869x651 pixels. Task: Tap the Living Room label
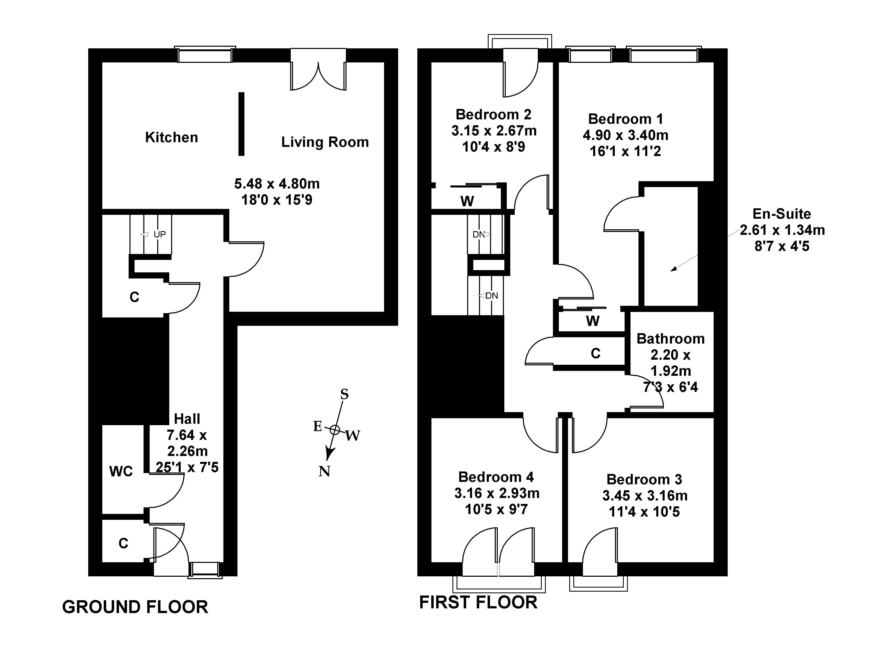pyautogui.click(x=325, y=142)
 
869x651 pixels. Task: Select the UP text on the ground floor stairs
pyautogui.click(x=159, y=234)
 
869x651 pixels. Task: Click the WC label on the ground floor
pyautogui.click(x=121, y=471)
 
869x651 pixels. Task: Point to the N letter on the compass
pyautogui.click(x=324, y=471)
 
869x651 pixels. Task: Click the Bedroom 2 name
pyautogui.click(x=494, y=115)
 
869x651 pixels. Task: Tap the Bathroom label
pyautogui.click(x=671, y=339)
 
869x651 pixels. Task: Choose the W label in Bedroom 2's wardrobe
pyautogui.click(x=467, y=201)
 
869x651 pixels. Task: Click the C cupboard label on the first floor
pyautogui.click(x=596, y=354)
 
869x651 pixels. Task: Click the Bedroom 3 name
pyautogui.click(x=644, y=479)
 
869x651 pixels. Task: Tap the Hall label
pyautogui.click(x=187, y=419)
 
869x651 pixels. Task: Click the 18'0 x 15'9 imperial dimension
pyautogui.click(x=277, y=200)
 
